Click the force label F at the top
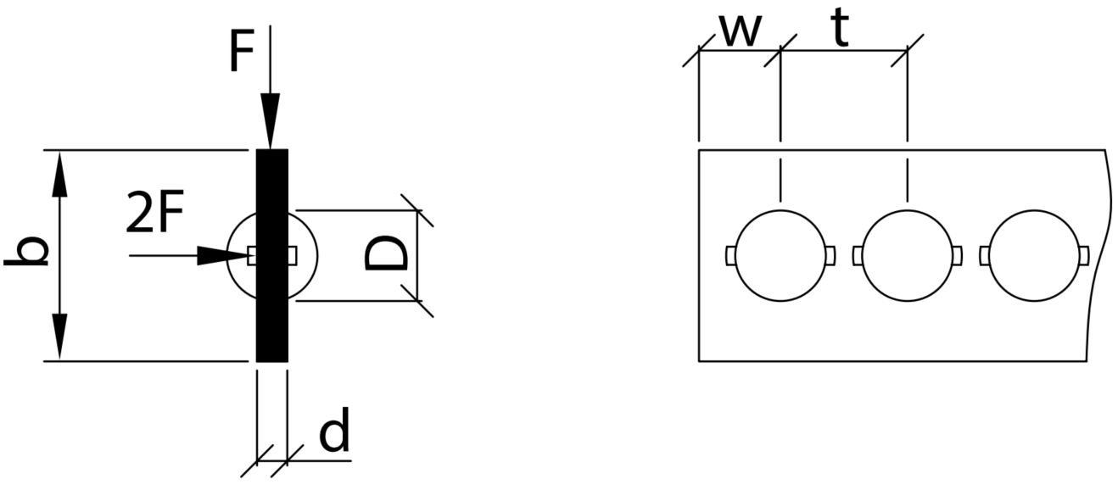click(242, 50)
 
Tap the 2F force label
click(155, 212)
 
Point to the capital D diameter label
click(386, 254)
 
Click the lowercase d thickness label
click(334, 430)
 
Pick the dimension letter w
click(741, 32)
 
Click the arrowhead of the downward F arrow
click(270, 121)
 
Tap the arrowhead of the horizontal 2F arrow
click(222, 255)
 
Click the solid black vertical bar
click(272, 255)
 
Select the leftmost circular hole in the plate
click(780, 255)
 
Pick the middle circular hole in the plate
click(908, 255)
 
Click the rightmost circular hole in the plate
click(1034, 255)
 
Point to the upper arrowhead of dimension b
click(59, 174)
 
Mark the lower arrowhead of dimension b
click(59, 337)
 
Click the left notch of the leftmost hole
click(730, 255)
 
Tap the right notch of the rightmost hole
click(1083, 255)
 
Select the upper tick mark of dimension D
click(417, 210)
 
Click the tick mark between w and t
click(780, 50)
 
